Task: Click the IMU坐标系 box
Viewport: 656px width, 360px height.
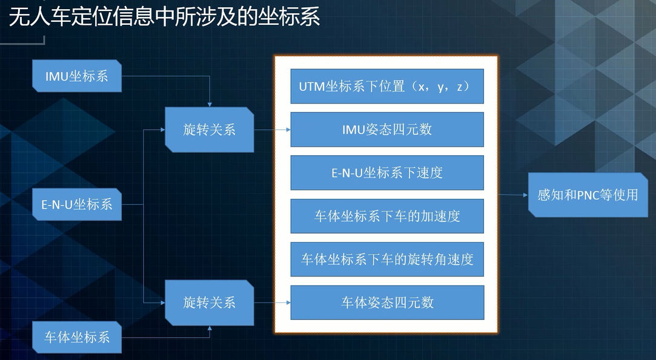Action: (x=77, y=76)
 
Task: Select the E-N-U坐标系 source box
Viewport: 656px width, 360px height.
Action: (x=77, y=204)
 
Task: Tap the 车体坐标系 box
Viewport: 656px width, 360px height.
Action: (x=77, y=337)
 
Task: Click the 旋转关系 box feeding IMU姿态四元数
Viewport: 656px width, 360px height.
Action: (x=209, y=130)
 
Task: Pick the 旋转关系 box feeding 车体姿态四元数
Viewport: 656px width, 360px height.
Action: (x=209, y=302)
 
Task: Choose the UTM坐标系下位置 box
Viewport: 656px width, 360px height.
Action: (x=387, y=87)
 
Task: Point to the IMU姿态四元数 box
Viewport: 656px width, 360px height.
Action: (x=387, y=130)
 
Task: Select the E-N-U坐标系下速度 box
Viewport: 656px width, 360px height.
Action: (x=387, y=173)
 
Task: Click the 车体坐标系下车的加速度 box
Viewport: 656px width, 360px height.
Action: (x=387, y=216)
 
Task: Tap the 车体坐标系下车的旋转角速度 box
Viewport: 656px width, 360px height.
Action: (x=387, y=259)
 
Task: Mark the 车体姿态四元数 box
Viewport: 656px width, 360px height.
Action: (x=387, y=302)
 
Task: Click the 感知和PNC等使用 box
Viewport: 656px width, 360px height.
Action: (x=587, y=195)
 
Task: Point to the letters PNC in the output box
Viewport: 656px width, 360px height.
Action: (x=588, y=195)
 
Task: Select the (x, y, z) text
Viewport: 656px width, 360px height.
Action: (x=440, y=87)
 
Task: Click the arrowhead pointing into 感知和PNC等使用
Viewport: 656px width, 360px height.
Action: (x=525, y=195)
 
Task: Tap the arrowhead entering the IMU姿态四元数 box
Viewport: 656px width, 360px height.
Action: (x=287, y=130)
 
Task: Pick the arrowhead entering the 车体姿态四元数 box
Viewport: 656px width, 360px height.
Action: (x=287, y=302)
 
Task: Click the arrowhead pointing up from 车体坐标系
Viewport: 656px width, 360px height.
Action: (x=210, y=328)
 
